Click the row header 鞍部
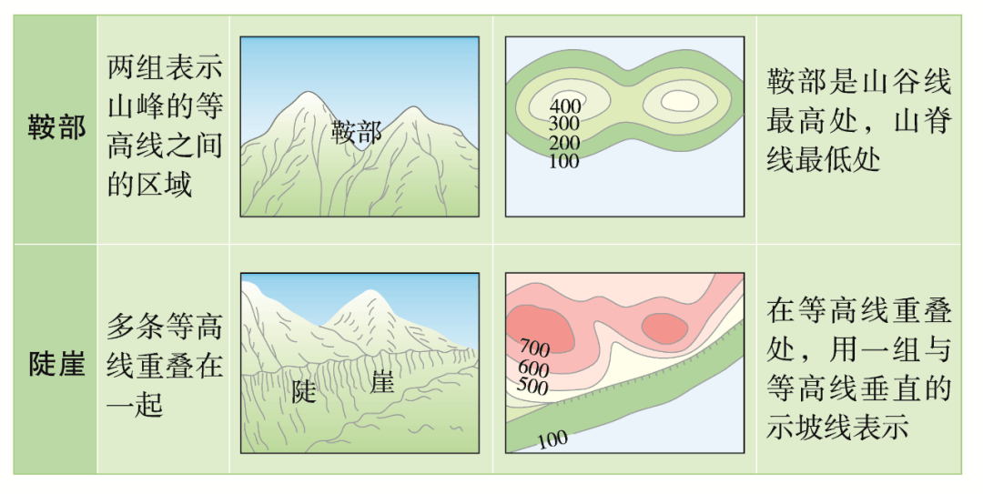(56, 128)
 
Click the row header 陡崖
(56, 362)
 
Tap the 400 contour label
(565, 106)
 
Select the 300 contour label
(563, 124)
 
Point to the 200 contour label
(564, 143)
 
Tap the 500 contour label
(532, 385)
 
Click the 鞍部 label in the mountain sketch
(356, 132)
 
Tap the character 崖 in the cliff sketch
(381, 382)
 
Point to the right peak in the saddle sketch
(412, 110)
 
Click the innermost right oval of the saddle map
(680, 100)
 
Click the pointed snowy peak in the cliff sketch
(370, 293)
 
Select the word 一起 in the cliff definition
(135, 405)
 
